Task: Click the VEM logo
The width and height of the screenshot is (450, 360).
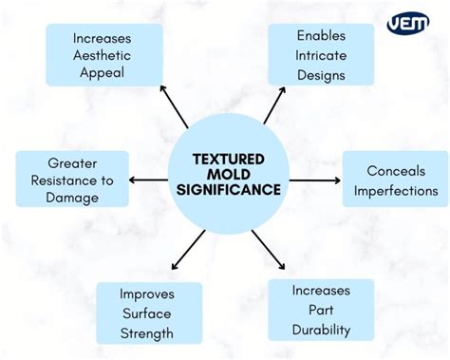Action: pos(408,23)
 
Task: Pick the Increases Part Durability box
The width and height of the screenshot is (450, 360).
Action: pos(321,310)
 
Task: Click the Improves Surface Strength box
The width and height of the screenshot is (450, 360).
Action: pos(147,313)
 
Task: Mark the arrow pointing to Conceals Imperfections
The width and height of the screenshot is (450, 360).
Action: pos(313,180)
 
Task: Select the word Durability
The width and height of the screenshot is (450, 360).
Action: pos(321,330)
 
